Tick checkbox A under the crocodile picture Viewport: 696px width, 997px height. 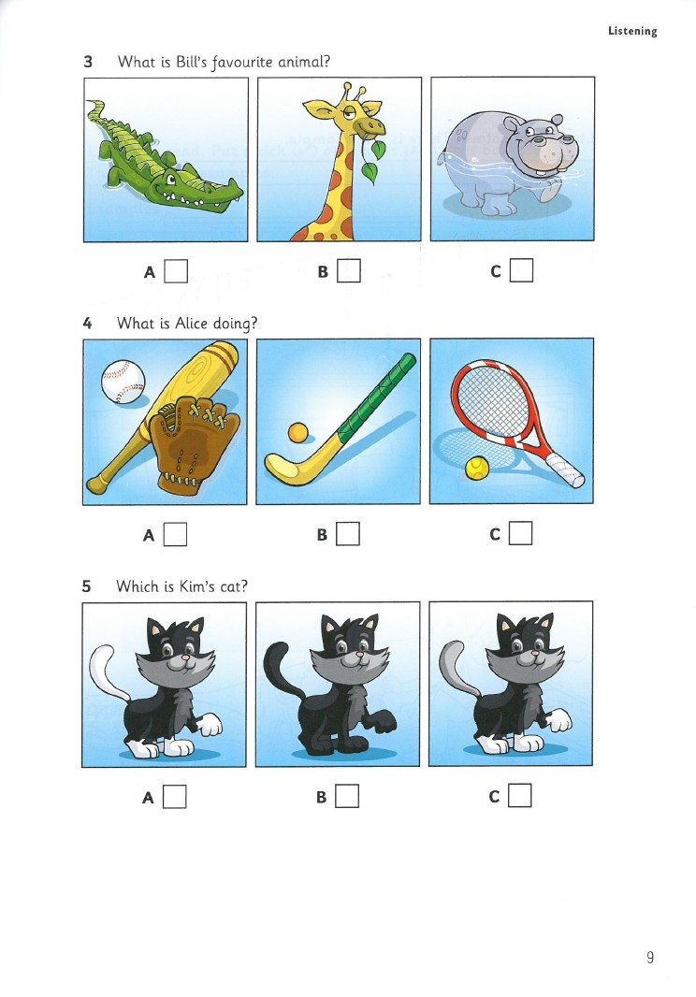click(x=176, y=271)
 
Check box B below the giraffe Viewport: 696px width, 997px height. click(x=349, y=271)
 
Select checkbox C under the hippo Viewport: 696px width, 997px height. click(x=522, y=270)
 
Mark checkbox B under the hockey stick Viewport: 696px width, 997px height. click(x=348, y=533)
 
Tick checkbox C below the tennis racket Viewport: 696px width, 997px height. click(x=520, y=533)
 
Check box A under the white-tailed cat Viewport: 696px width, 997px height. click(x=174, y=796)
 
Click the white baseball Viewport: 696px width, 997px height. click(x=123, y=382)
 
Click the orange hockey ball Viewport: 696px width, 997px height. click(x=297, y=433)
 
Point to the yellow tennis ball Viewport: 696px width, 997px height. click(x=477, y=468)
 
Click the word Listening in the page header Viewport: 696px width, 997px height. click(x=632, y=31)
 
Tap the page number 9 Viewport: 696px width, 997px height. click(x=649, y=957)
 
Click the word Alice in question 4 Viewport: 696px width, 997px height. click(x=192, y=323)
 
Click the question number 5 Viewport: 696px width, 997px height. click(x=86, y=585)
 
